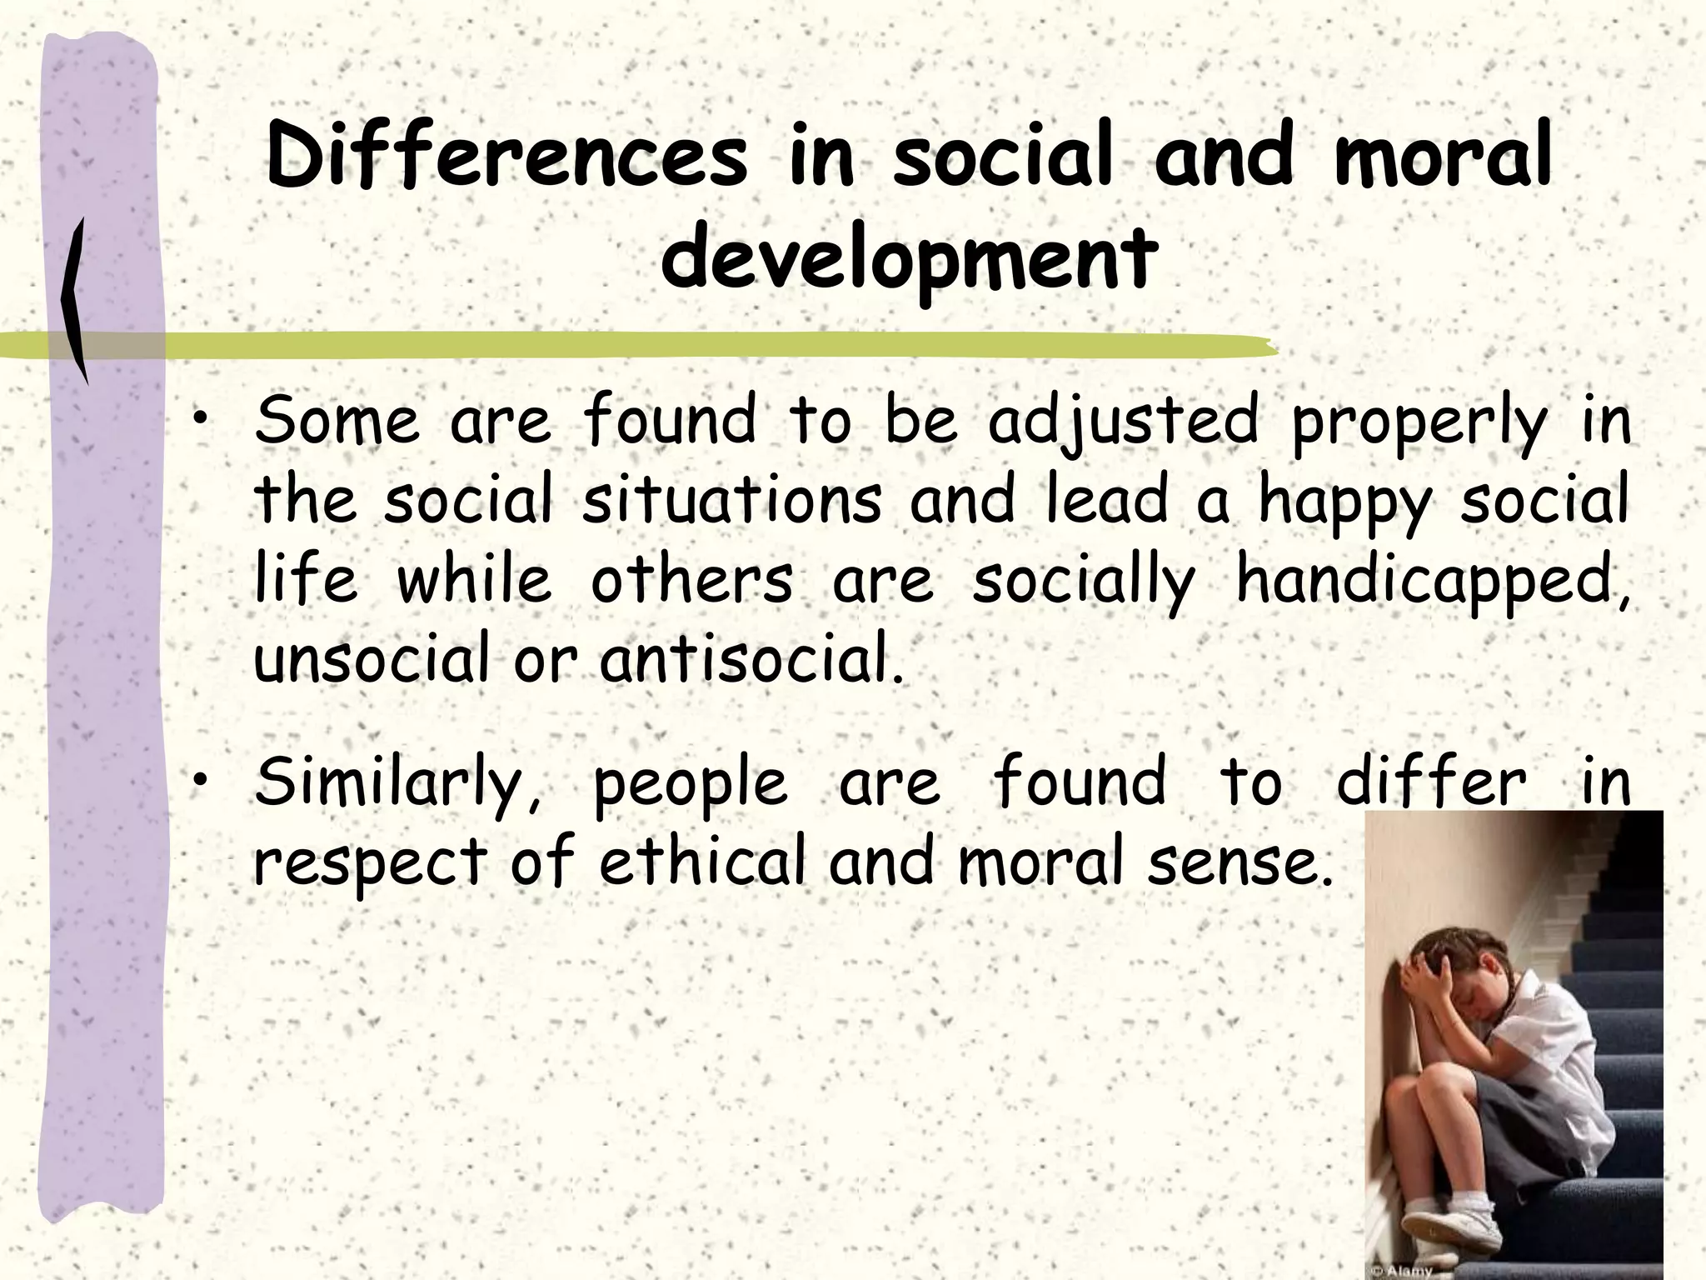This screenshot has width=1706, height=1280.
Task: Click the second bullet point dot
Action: (x=197, y=781)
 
